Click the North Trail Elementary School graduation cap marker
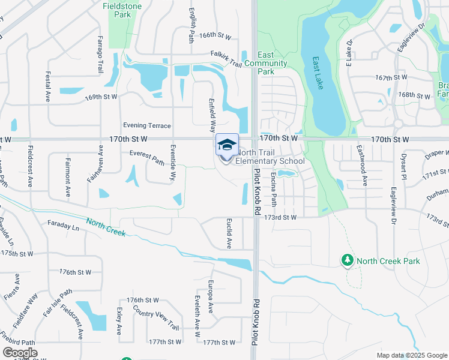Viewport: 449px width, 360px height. point(227,145)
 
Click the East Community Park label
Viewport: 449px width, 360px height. point(265,63)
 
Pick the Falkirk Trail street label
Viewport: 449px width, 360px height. point(226,55)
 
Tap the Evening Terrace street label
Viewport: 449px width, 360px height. point(147,125)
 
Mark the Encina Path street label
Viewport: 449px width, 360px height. point(274,187)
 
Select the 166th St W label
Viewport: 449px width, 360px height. point(215,36)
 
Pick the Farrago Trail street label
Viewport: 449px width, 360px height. point(100,55)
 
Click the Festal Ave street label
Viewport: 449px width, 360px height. point(47,88)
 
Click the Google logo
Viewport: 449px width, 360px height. point(20,352)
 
